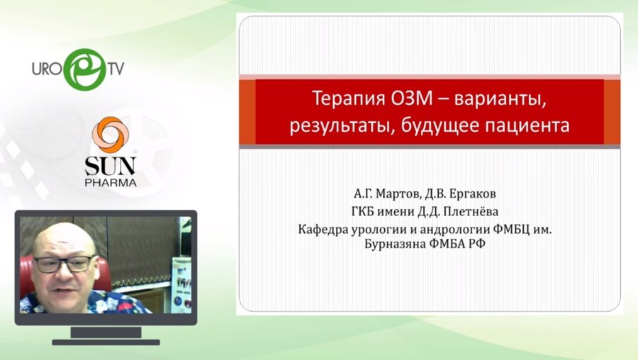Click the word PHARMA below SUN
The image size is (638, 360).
click(x=111, y=182)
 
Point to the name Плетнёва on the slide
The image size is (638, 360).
click(x=471, y=211)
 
